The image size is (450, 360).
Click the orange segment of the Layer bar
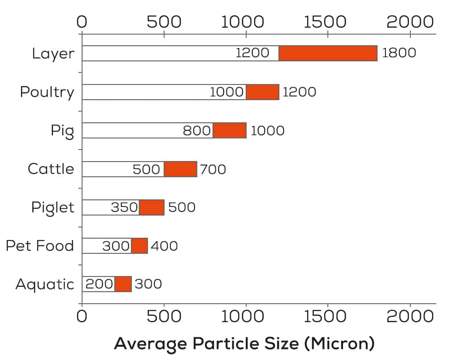tap(328, 54)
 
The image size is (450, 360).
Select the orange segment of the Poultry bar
tap(262, 92)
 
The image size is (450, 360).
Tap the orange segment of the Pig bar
tap(230, 131)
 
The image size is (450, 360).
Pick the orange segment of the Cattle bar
tap(181, 169)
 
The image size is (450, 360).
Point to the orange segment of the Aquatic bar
tap(123, 284)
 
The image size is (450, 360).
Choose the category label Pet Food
tap(40, 246)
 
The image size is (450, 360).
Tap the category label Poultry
tap(47, 92)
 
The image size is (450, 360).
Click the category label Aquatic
tap(45, 284)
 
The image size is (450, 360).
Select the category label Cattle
tap(51, 169)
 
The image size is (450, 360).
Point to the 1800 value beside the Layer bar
tap(399, 53)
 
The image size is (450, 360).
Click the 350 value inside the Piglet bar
tap(124, 208)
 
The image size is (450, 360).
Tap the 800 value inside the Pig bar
tap(197, 131)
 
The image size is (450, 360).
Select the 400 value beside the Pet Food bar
tap(164, 246)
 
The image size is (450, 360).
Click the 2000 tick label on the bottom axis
tap(410, 318)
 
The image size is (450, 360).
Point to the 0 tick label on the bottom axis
tap(82, 318)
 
